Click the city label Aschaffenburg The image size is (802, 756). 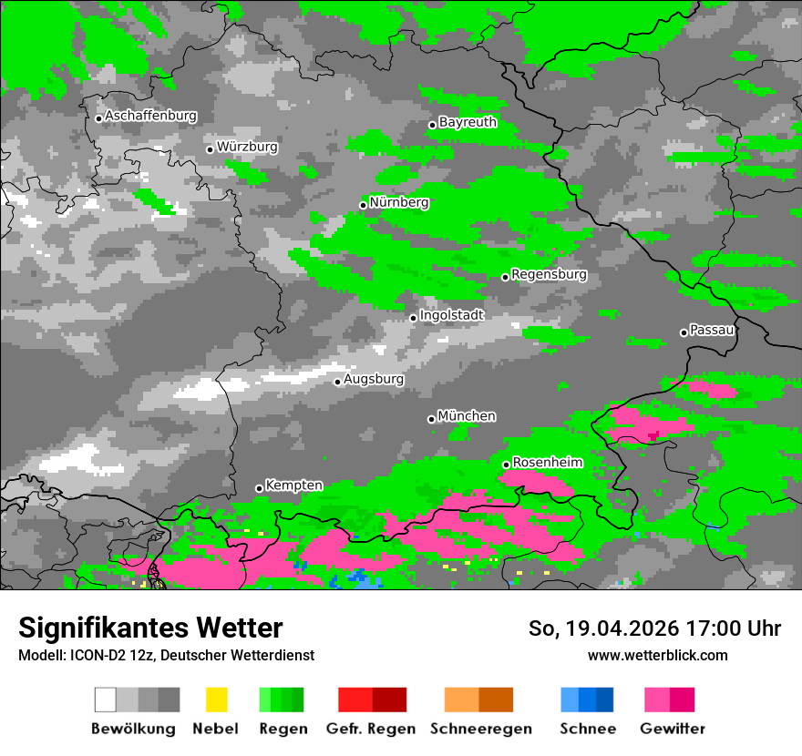[x=150, y=117]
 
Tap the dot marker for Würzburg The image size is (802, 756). [x=210, y=149]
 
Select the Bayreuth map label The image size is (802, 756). [x=468, y=122]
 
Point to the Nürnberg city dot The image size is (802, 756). [x=363, y=205]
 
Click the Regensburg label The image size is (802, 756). [x=549, y=274]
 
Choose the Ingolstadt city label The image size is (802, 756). [x=452, y=315]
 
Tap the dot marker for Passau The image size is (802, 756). [x=684, y=332]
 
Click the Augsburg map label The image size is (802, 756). [x=374, y=379]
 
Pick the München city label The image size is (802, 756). [x=467, y=416]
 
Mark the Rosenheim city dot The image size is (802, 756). [x=506, y=465]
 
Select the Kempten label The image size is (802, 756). [x=293, y=485]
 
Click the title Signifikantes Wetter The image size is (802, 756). [x=150, y=628]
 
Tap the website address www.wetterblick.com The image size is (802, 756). [x=657, y=656]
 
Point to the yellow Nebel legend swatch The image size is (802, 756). [x=216, y=700]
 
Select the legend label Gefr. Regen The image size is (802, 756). [x=371, y=729]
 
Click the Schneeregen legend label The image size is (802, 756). [x=481, y=729]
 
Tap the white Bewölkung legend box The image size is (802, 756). [x=106, y=700]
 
